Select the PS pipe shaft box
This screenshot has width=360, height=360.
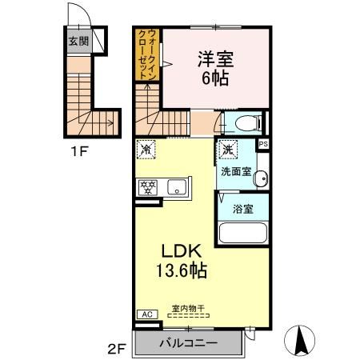coord(263,144)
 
